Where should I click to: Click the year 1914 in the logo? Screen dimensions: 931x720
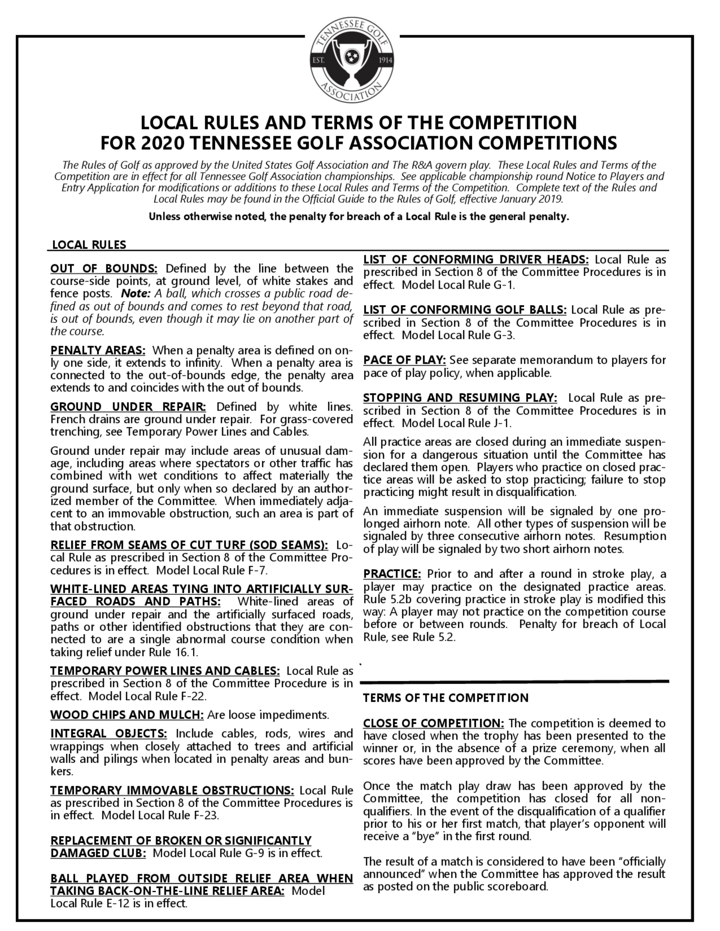tap(385, 60)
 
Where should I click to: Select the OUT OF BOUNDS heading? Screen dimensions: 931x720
tap(104, 269)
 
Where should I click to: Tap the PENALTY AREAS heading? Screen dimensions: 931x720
tap(98, 350)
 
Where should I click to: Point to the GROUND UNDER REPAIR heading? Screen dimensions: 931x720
tap(128, 407)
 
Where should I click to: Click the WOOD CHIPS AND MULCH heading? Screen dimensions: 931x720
tap(127, 715)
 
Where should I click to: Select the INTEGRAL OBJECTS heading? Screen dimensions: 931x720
tap(109, 734)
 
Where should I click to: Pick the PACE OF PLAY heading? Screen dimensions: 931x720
tap(404, 360)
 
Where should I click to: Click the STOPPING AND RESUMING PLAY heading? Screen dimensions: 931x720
tap(460, 398)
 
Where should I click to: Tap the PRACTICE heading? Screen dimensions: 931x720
tap(392, 574)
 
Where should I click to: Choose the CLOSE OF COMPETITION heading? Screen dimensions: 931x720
tap(433, 723)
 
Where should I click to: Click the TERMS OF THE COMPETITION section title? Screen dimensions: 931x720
tap(445, 698)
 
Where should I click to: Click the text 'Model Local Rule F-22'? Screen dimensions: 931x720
tap(147, 696)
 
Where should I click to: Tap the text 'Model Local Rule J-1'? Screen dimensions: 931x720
tap(456, 423)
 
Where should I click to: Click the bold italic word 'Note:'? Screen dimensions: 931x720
tap(136, 294)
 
